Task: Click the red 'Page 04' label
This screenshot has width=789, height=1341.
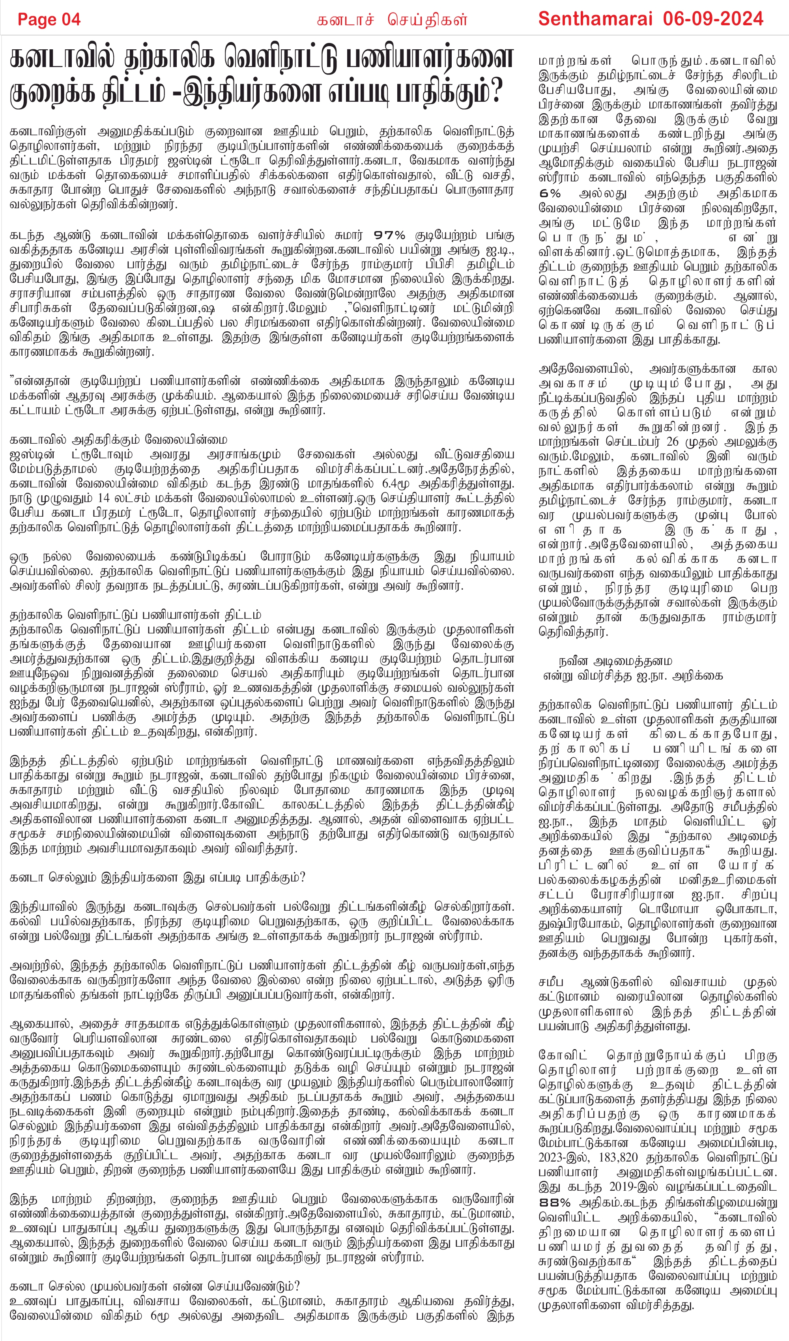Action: pos(49,20)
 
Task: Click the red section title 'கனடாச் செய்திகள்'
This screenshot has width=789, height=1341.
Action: pos(392,20)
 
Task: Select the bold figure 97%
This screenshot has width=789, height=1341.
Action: pos(389,235)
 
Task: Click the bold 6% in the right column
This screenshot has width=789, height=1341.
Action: pos(550,194)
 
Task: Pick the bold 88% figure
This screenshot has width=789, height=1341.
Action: pos(554,1203)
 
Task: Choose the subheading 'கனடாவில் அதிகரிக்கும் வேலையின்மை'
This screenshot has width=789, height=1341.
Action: pos(118,440)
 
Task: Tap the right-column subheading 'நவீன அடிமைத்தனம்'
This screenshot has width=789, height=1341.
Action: pos(615,661)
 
